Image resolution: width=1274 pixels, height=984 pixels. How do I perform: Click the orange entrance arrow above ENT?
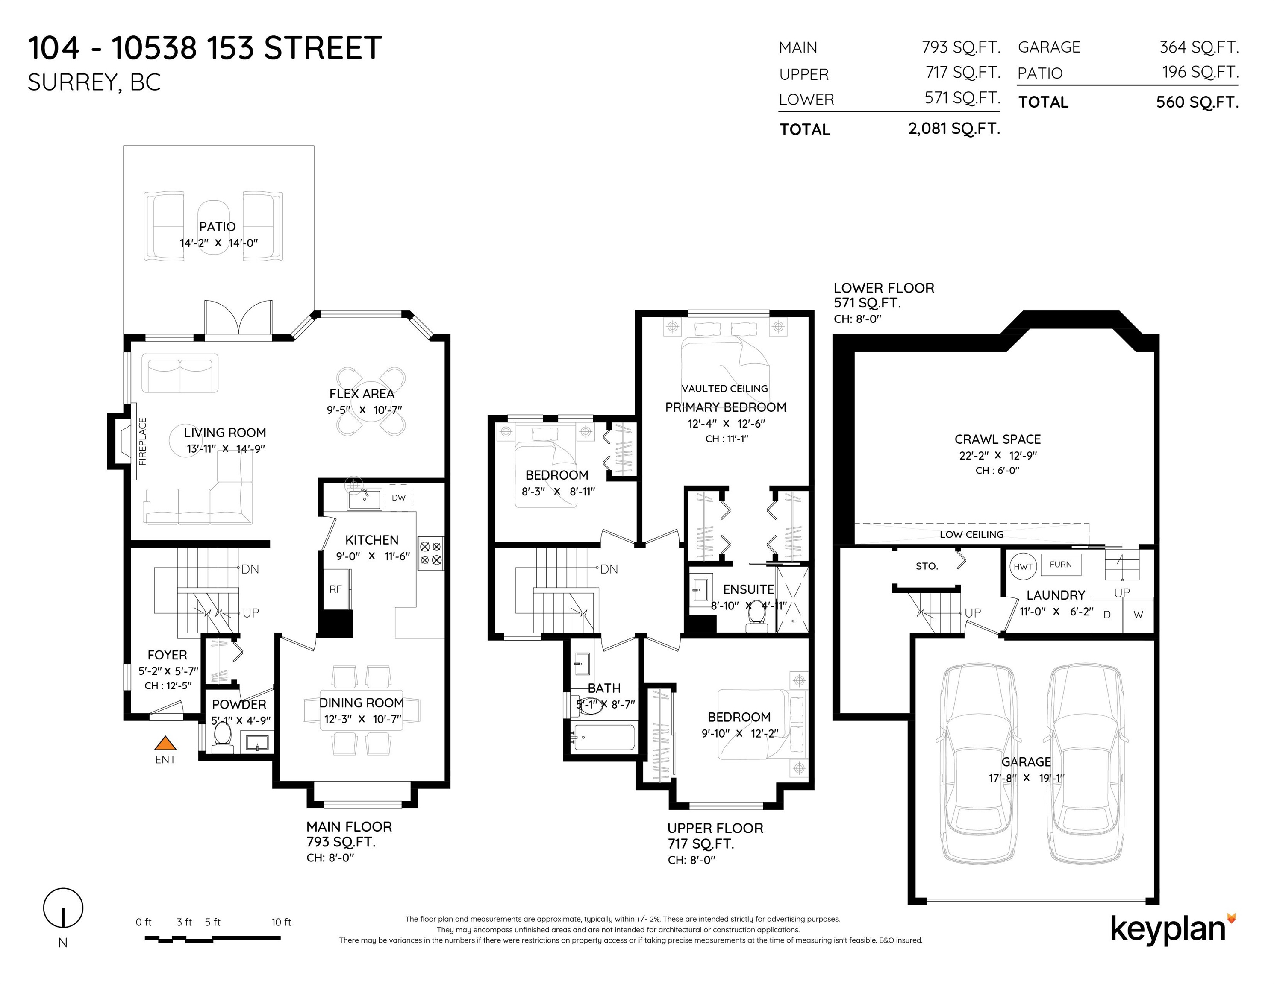pos(165,743)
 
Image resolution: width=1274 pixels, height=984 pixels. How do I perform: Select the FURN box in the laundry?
pos(1060,564)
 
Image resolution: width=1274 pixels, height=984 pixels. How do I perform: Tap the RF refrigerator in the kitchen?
pos(335,589)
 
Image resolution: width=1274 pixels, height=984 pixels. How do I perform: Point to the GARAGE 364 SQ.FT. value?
pos(1199,47)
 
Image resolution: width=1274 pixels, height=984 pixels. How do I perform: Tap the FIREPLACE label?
pos(142,441)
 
